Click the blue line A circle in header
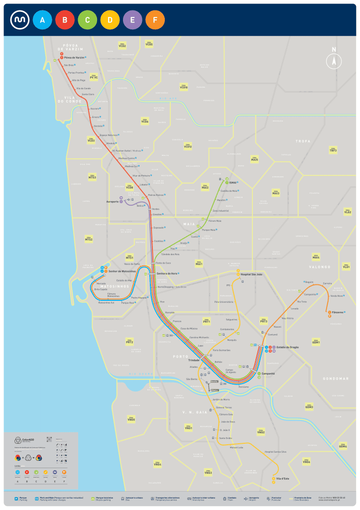[x=42, y=20]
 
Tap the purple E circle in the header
[x=132, y=20]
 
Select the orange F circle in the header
[x=155, y=20]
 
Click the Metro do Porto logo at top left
[x=19, y=20]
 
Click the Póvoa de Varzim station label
[x=74, y=58]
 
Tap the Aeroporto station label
[x=113, y=202]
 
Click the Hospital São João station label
[x=251, y=274]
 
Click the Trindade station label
[x=194, y=360]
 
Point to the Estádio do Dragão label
[x=288, y=347]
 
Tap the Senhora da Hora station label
[x=167, y=273]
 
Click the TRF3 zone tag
[x=333, y=150]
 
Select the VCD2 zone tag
[x=122, y=46]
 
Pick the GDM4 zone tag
[x=343, y=446]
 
